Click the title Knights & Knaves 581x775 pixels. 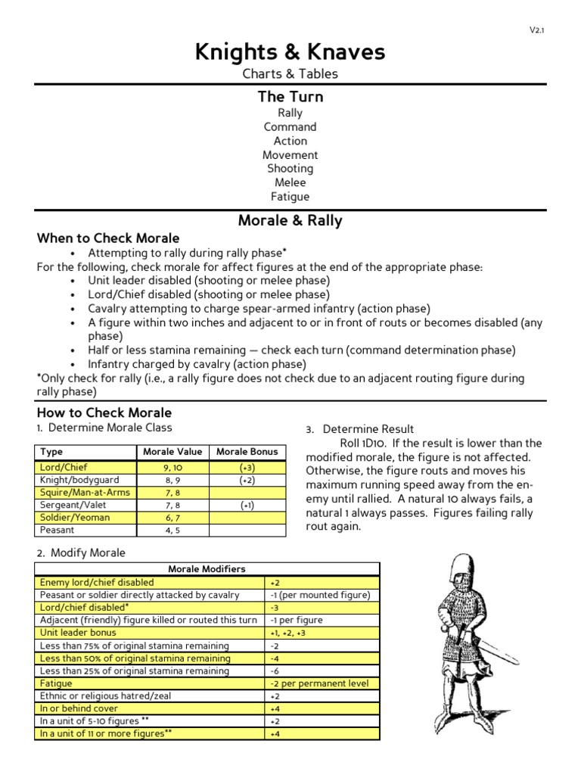tap(290, 51)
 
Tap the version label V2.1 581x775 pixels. tap(536, 30)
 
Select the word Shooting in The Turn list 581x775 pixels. tap(290, 169)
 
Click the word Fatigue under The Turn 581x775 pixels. tap(290, 197)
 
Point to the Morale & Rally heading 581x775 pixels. tap(290, 221)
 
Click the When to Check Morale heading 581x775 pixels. tap(108, 238)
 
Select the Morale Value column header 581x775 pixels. tap(172, 452)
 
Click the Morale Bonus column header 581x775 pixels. tap(247, 452)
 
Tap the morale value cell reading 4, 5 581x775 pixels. tap(172, 530)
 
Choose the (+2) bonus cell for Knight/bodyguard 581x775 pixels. tap(247, 480)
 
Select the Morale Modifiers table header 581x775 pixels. tap(207, 569)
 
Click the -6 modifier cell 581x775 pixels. tap(275, 671)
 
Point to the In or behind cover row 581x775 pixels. tap(79, 708)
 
